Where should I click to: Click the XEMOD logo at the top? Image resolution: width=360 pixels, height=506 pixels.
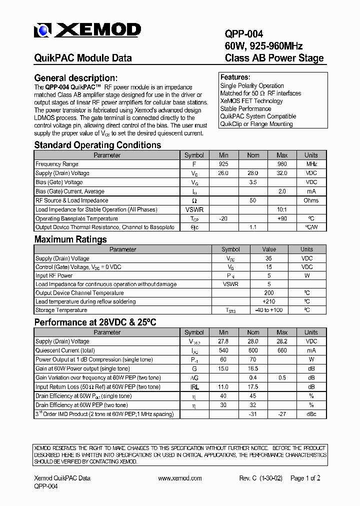tap(87, 30)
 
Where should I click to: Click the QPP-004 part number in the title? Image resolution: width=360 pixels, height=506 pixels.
tap(243, 34)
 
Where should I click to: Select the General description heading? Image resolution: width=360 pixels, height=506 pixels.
tap(75, 78)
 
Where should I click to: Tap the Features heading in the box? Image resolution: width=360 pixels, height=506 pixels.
tap(235, 77)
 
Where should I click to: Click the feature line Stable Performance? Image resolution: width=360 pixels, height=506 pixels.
tap(245, 108)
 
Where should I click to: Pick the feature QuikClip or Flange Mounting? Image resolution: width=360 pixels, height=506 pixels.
tap(256, 124)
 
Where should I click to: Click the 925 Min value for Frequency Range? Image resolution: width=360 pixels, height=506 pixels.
tap(223, 164)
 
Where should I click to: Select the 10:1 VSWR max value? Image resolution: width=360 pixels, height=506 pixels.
tap(282, 209)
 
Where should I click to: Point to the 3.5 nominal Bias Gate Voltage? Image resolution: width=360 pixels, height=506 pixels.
tap(252, 182)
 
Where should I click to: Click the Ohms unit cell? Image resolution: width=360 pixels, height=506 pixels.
tap(311, 200)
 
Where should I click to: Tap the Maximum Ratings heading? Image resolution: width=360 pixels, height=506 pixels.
tap(70, 239)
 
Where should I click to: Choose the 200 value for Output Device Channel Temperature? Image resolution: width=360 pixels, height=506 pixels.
tap(269, 293)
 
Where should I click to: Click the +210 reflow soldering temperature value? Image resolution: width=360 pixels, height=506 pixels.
tap(269, 301)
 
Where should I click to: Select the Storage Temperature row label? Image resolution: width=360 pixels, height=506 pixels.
tap(61, 310)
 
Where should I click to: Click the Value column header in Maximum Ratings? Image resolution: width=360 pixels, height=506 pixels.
tap(269, 249)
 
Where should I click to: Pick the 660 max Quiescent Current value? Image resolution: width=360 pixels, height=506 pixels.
tap(282, 350)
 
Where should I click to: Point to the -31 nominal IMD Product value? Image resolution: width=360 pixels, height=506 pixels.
tap(252, 414)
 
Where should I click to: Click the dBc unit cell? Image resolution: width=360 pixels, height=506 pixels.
tap(311, 414)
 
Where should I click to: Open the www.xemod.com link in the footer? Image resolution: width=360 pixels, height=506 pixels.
tap(179, 478)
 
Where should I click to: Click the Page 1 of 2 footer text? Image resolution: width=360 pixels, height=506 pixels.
tap(305, 478)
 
